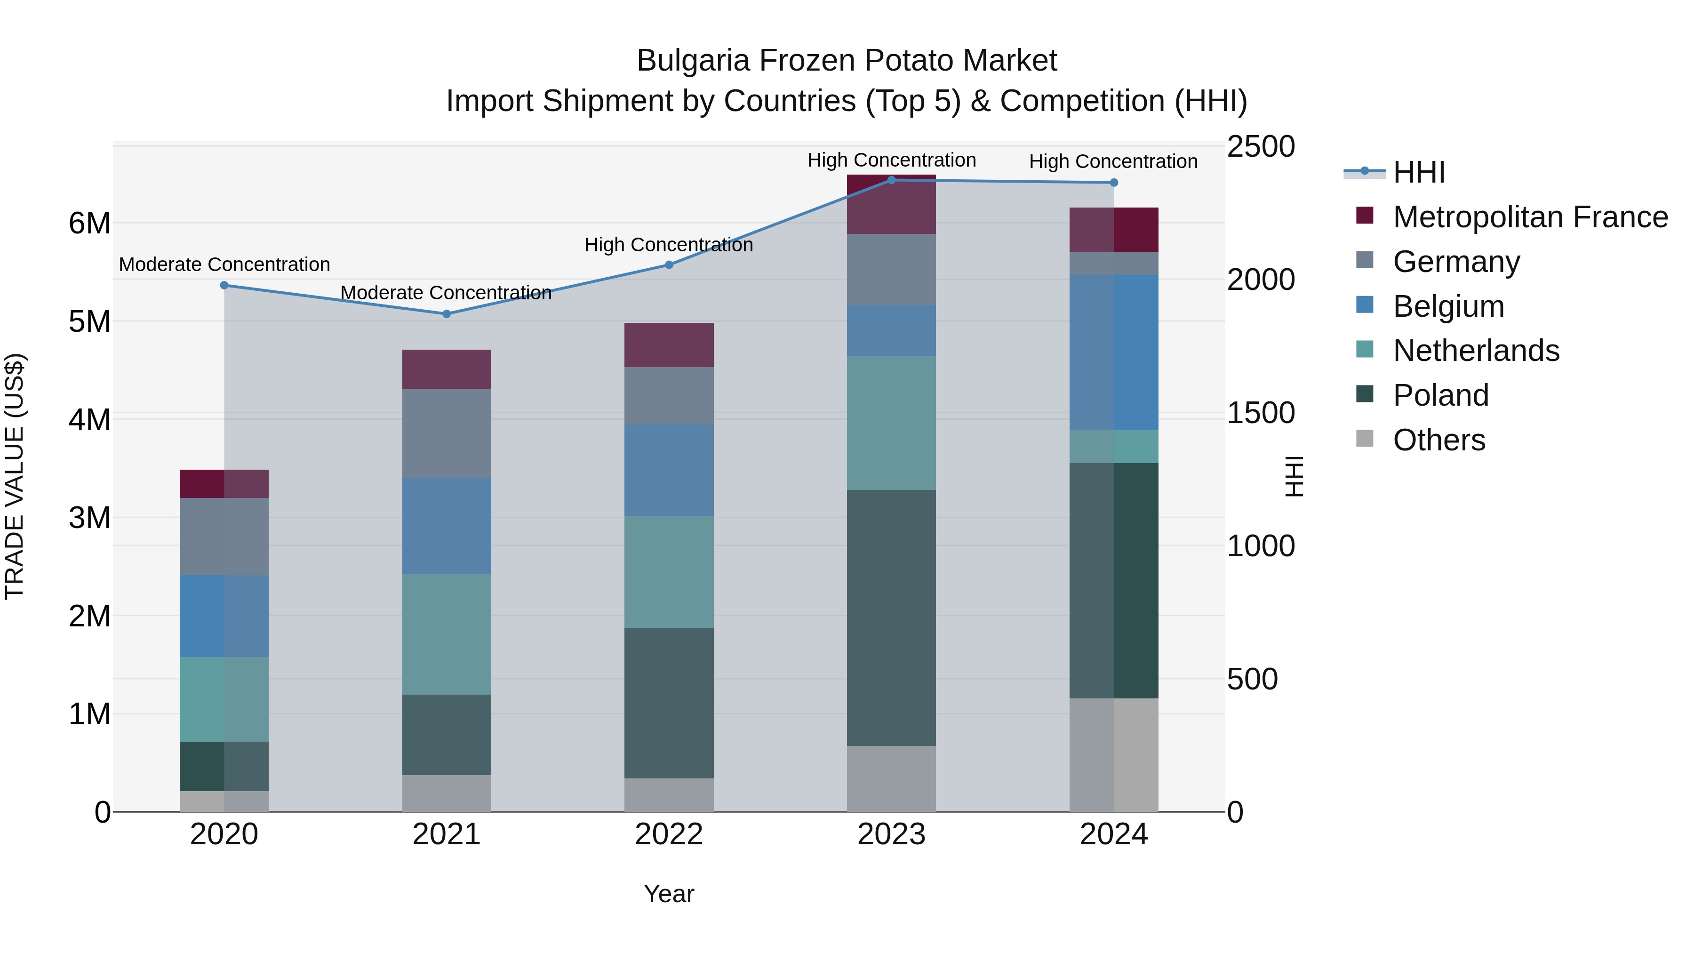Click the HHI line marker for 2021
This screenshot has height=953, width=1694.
pos(447,314)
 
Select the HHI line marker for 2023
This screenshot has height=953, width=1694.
pos(891,180)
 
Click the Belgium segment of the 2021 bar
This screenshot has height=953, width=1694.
pos(447,526)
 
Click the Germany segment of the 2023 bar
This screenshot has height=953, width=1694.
pos(891,269)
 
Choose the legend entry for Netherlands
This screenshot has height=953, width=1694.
pos(1476,351)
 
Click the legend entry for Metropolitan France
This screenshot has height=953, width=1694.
pos(1530,217)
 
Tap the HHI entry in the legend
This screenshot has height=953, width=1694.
pos(1418,172)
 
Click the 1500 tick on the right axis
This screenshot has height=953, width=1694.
pos(1261,413)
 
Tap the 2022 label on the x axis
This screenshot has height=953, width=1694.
pos(669,834)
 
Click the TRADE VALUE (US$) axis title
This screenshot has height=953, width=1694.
pos(15,476)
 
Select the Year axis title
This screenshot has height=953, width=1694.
pos(669,894)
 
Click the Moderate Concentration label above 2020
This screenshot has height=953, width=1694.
pos(224,264)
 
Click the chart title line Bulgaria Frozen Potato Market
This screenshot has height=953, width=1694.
pos(847,61)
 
